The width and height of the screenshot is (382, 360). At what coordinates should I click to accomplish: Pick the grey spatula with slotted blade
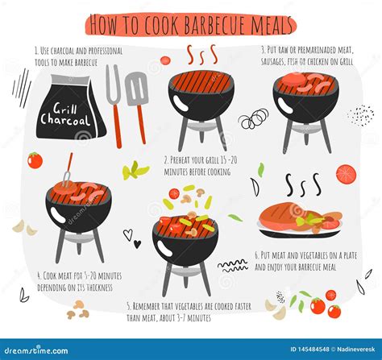point(137,93)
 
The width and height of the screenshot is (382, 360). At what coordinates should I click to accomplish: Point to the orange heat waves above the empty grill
point(201,55)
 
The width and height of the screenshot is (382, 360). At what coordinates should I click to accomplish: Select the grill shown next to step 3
point(304,101)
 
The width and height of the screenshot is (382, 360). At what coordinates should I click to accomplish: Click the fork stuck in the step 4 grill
point(69,170)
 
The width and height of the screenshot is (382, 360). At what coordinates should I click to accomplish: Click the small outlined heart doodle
point(127,234)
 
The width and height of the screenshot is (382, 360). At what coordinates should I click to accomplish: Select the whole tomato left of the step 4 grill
point(35,160)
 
